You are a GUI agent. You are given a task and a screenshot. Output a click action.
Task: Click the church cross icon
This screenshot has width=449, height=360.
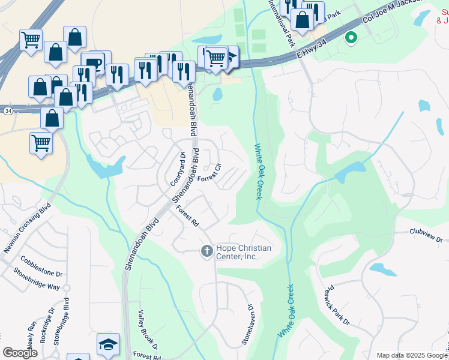pyautogui.click(x=206, y=251)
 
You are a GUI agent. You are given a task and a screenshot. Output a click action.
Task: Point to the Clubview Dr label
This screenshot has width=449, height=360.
pyautogui.click(x=426, y=235)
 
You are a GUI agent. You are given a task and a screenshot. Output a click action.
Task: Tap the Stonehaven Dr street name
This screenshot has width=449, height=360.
pyautogui.click(x=247, y=325)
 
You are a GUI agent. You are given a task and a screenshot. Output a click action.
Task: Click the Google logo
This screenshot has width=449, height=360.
pyautogui.click(x=20, y=352)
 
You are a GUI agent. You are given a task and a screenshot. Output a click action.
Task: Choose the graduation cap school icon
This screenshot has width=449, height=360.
pyautogui.click(x=108, y=344)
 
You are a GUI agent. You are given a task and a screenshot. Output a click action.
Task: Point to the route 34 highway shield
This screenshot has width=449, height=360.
pyautogui.click(x=7, y=111)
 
